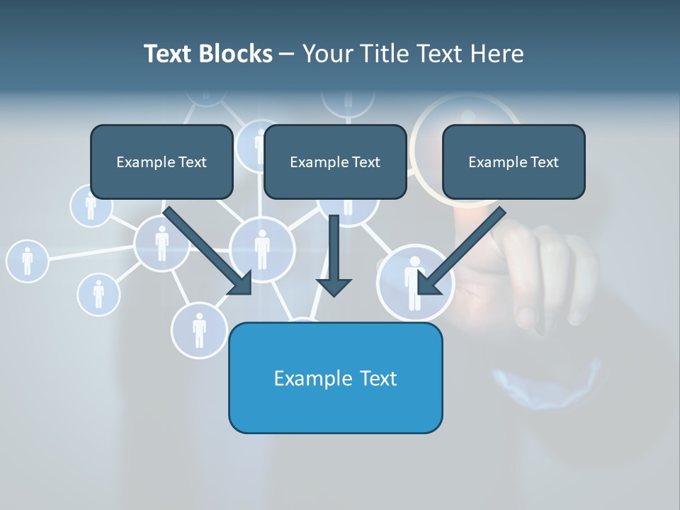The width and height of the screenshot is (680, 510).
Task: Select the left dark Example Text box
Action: click(x=161, y=161)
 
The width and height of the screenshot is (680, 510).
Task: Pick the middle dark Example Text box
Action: click(x=335, y=161)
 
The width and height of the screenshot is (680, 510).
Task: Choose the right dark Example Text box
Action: click(x=514, y=161)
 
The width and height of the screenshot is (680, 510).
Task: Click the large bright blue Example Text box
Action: click(x=335, y=378)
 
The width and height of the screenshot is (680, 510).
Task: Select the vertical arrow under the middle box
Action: click(x=334, y=255)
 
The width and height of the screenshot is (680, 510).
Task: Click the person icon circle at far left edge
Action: click(x=27, y=260)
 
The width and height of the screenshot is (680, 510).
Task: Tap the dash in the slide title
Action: click(x=287, y=54)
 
